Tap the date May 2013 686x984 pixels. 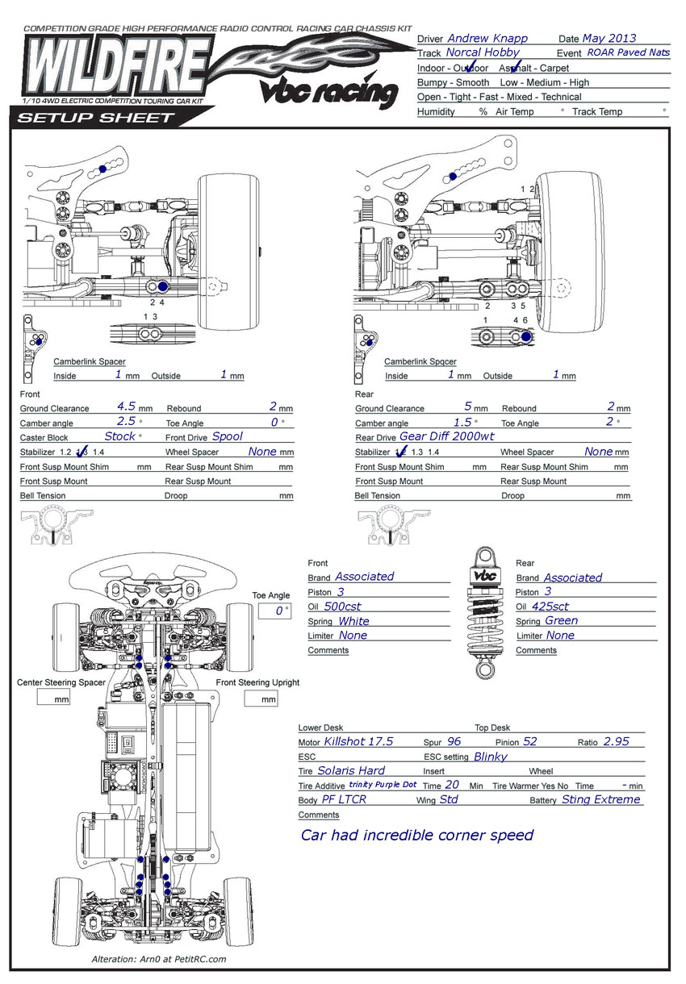[x=609, y=38]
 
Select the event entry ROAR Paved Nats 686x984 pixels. [x=628, y=52]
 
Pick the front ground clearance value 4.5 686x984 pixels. [x=126, y=407]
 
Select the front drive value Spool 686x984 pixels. [x=228, y=436]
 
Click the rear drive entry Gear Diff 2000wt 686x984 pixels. [x=446, y=436]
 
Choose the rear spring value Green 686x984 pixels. [x=561, y=620]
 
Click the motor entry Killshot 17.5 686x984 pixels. [x=358, y=741]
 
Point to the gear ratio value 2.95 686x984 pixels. [x=616, y=741]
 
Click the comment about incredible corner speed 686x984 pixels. [x=416, y=835]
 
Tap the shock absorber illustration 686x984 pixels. [x=483, y=614]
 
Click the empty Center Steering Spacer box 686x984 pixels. [x=56, y=698]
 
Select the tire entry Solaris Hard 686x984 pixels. [x=350, y=770]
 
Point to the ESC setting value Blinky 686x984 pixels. [x=491, y=757]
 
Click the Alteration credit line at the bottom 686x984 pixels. [x=159, y=959]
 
